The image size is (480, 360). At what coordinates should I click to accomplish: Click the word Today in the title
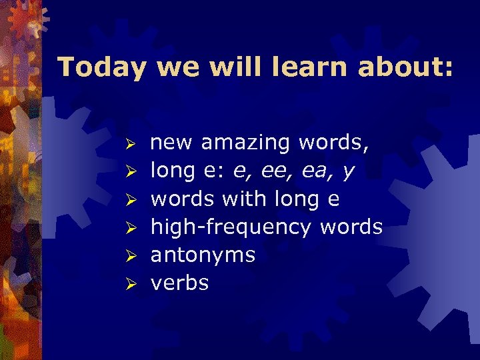coord(100,67)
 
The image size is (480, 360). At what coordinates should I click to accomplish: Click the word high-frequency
coord(231,228)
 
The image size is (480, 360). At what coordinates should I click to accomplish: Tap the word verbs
coord(179,283)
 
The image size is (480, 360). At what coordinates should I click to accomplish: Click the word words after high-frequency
coord(351,227)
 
